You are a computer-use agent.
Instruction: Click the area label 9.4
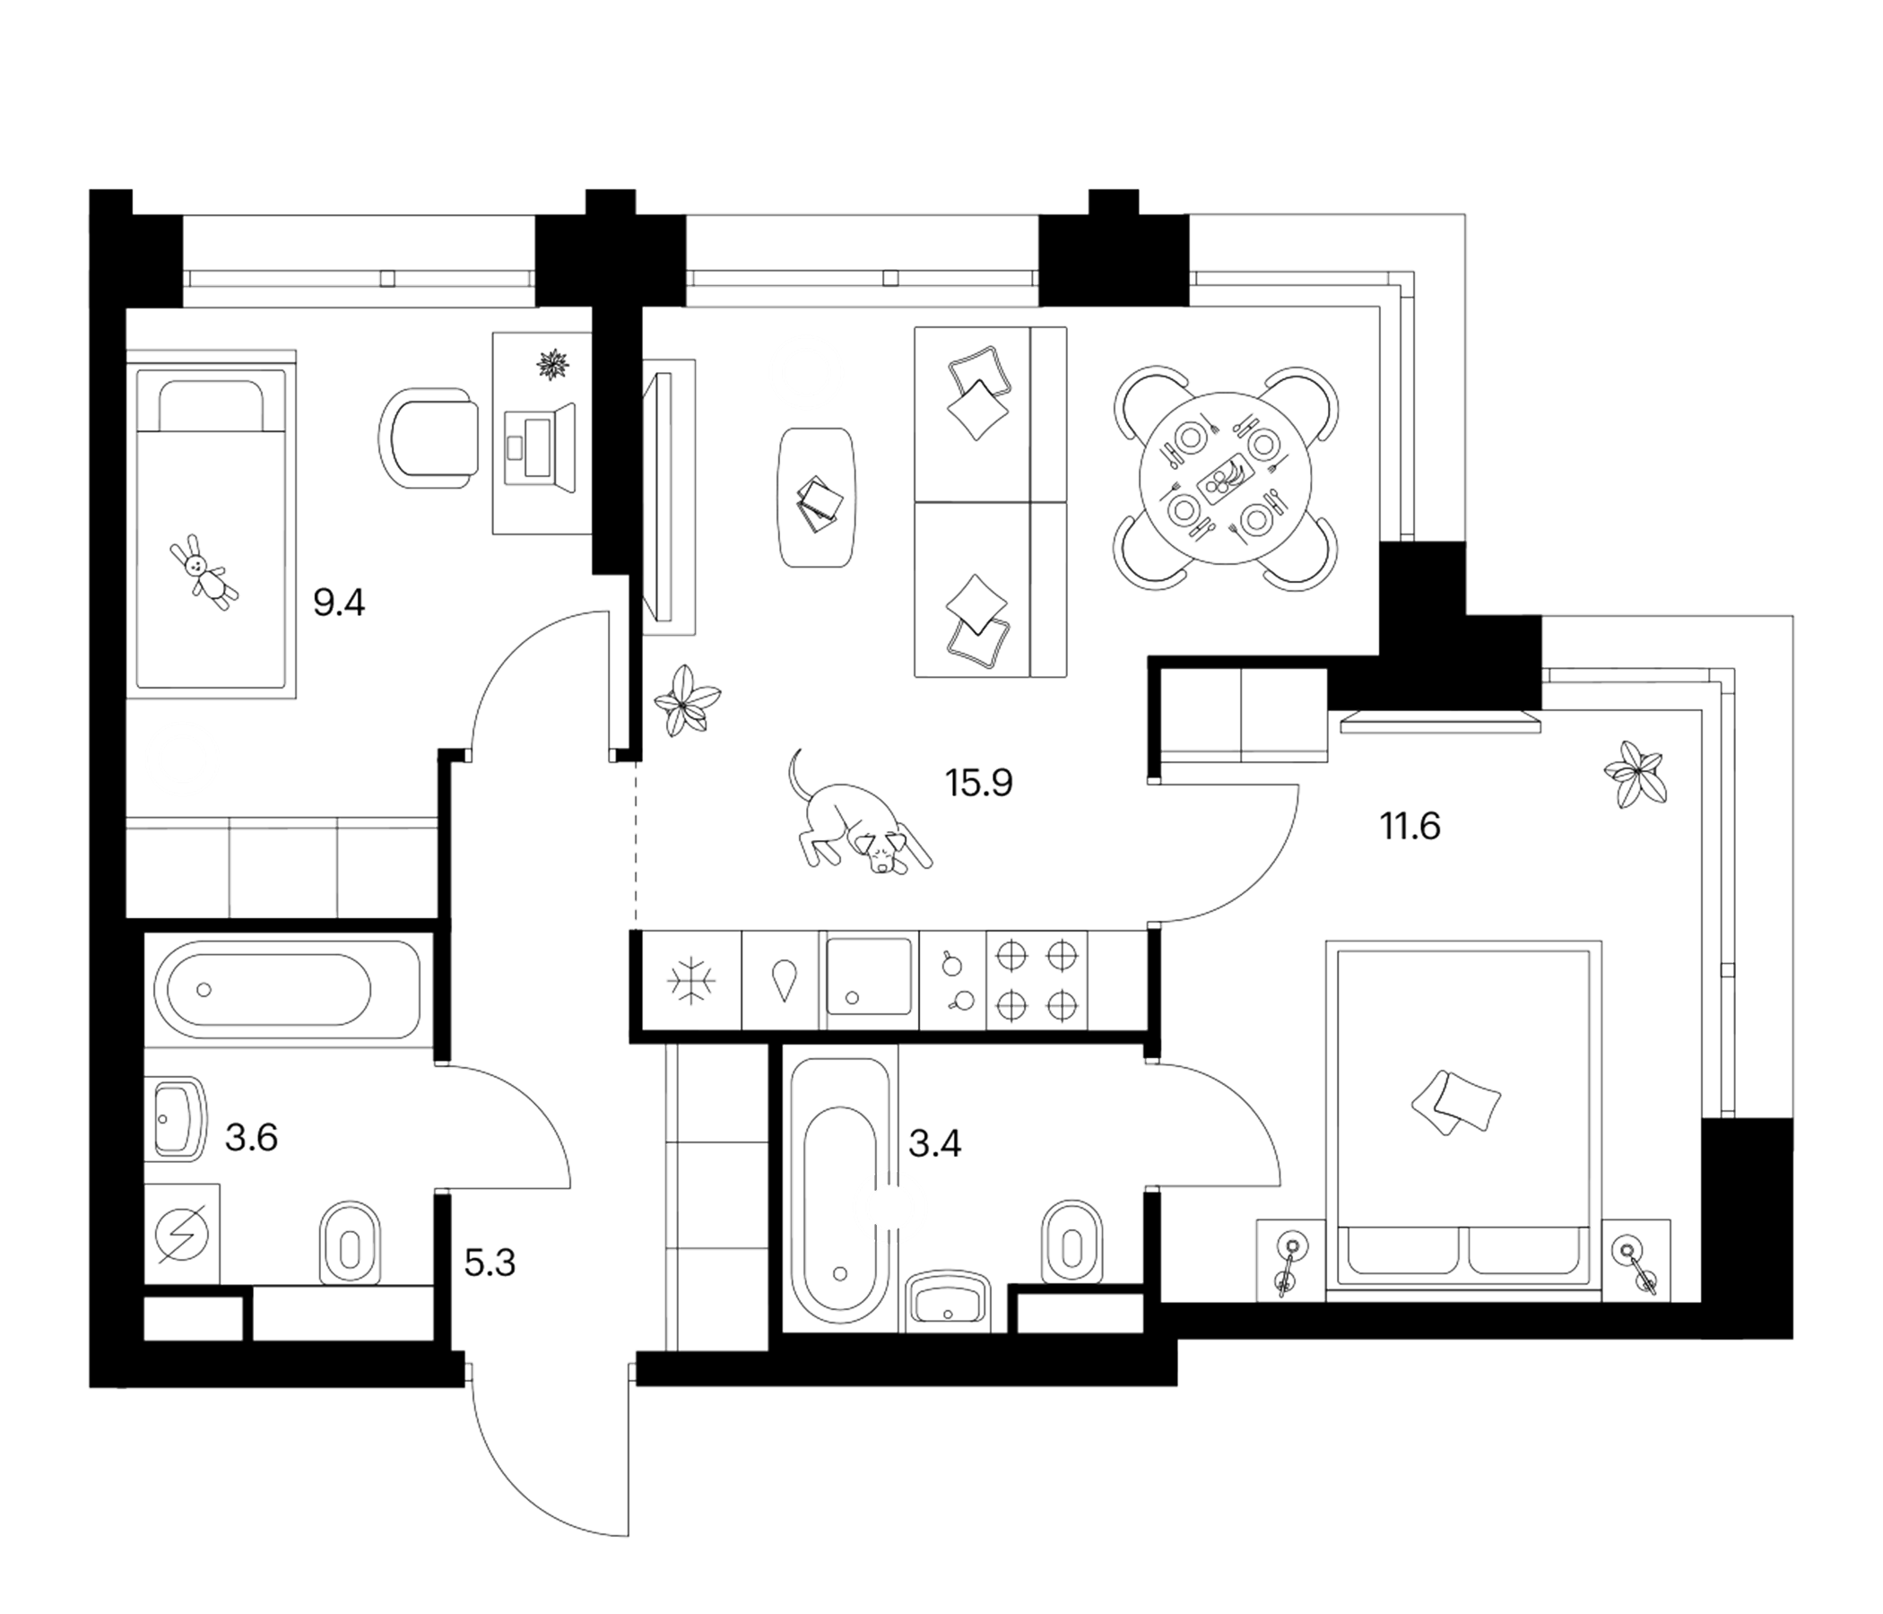[x=339, y=603]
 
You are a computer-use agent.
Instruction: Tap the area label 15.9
[x=979, y=783]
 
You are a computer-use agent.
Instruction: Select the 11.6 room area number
[x=1410, y=827]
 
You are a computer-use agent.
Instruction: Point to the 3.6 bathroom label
[x=251, y=1137]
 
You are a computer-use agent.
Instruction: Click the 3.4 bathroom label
[x=934, y=1144]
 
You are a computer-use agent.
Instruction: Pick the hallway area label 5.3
[x=490, y=1263]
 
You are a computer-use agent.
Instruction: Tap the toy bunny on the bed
[x=204, y=573]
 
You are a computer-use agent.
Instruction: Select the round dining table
[x=1225, y=478]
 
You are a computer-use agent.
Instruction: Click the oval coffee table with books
[x=816, y=498]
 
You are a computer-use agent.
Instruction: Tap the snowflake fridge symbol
[x=691, y=981]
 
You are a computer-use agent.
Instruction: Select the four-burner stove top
[x=1036, y=981]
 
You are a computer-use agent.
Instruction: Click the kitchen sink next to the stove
[x=868, y=976]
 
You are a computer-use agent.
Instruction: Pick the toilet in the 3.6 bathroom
[x=350, y=1243]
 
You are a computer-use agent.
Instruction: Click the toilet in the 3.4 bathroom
[x=1072, y=1242]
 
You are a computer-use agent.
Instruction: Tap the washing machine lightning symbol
[x=183, y=1234]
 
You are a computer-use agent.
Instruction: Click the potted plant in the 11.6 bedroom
[x=1636, y=771]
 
